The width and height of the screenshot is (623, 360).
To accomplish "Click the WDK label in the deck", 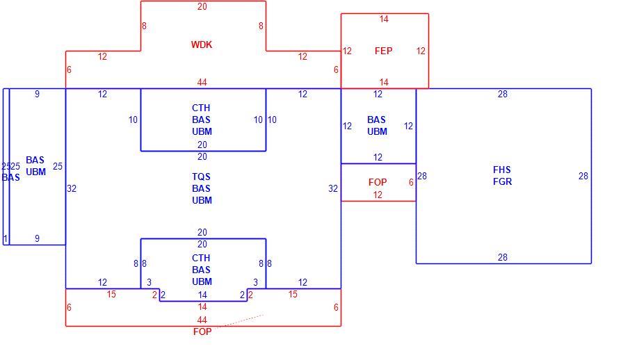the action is click(202, 44).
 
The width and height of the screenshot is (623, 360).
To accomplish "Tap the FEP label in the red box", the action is click(383, 51).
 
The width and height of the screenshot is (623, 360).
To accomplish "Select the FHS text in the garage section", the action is click(502, 170).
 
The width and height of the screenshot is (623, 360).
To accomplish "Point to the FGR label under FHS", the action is click(502, 181).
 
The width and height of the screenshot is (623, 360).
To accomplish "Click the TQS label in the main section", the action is click(201, 177).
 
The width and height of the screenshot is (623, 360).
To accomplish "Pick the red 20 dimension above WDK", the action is click(202, 7).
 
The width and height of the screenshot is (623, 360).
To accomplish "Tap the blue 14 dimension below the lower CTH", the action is click(202, 295).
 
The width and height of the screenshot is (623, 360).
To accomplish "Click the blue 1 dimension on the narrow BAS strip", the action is click(6, 238).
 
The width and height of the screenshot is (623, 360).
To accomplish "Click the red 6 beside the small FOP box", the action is click(411, 182).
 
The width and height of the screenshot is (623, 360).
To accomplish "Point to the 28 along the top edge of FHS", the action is click(503, 95).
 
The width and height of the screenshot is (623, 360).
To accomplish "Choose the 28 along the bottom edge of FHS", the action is click(503, 257).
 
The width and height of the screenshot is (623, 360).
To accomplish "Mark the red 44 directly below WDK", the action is click(202, 82).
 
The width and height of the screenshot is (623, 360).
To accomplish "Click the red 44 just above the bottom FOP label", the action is click(202, 320).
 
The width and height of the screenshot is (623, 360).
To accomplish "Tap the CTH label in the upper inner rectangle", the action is click(201, 108).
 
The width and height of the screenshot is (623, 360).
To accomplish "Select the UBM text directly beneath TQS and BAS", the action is click(202, 200).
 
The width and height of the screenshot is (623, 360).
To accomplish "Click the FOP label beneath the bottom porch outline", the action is click(202, 332).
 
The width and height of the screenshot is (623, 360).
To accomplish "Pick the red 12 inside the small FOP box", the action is click(378, 195).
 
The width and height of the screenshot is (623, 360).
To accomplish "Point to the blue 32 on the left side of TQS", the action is click(72, 188).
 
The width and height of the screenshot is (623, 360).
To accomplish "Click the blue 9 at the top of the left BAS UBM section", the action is click(38, 95).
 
